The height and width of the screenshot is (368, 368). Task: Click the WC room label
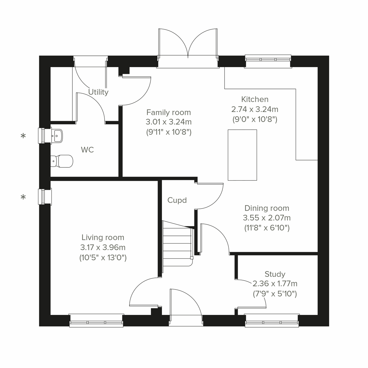click(x=87, y=150)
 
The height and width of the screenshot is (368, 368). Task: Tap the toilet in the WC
click(x=63, y=161)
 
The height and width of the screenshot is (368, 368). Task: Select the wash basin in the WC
click(x=57, y=135)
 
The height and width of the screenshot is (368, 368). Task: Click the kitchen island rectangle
click(x=242, y=155)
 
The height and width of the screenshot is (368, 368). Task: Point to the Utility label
click(x=98, y=92)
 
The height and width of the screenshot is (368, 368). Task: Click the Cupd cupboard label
click(x=177, y=200)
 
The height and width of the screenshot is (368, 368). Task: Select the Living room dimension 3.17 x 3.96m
click(x=103, y=247)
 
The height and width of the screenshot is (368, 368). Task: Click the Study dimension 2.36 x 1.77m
click(x=275, y=284)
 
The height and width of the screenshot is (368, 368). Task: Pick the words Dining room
click(x=266, y=208)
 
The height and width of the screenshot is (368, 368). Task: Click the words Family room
click(x=168, y=112)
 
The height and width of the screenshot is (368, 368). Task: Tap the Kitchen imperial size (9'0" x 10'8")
click(x=255, y=119)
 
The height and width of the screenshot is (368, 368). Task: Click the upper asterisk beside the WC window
click(x=23, y=136)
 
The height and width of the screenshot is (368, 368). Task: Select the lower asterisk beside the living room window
click(x=23, y=197)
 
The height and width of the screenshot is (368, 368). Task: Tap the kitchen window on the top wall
click(x=268, y=59)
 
